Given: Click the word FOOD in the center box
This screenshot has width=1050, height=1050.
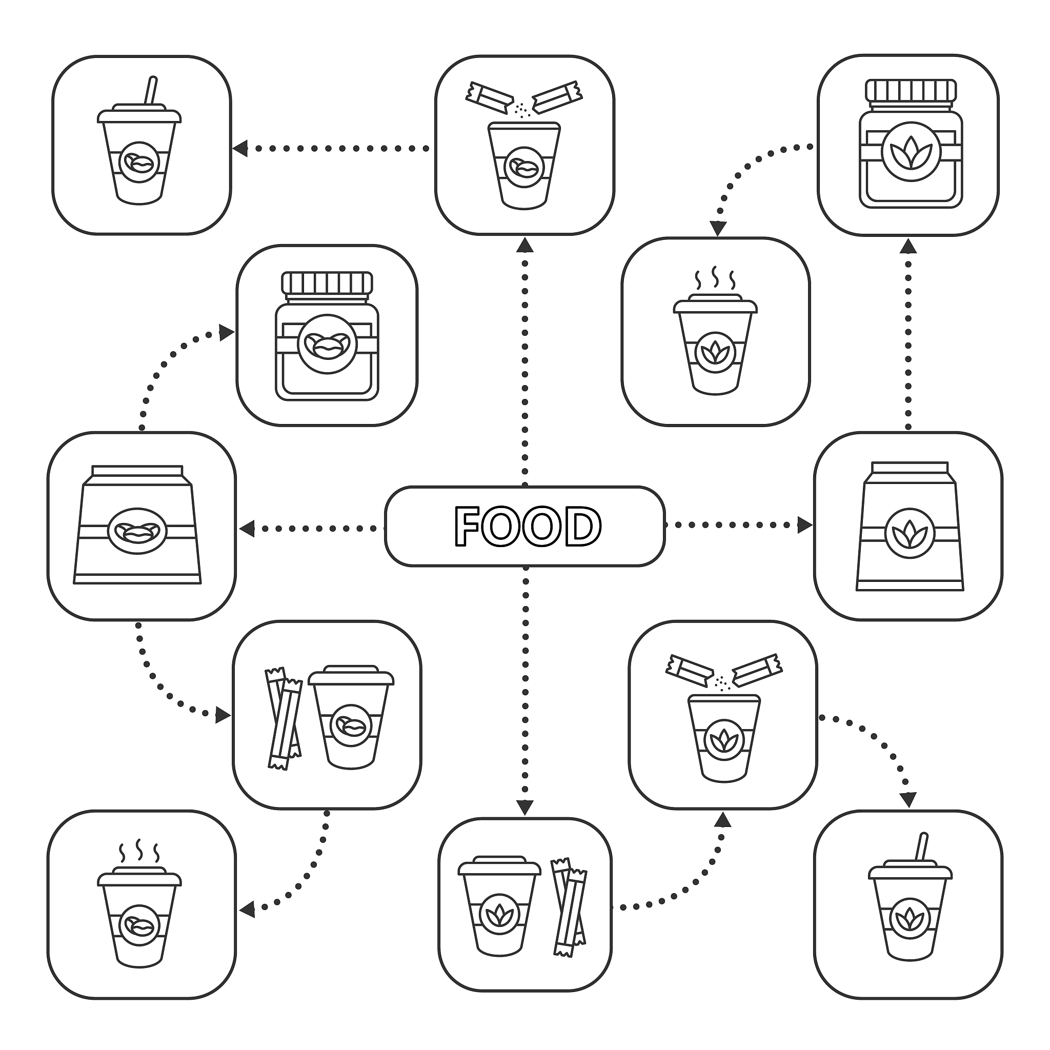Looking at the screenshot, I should click(527, 526).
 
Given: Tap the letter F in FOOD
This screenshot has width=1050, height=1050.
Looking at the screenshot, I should click(467, 526).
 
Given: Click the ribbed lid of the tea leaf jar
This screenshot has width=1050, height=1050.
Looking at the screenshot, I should click(911, 91).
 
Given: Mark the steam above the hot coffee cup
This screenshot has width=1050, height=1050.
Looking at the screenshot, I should click(139, 854).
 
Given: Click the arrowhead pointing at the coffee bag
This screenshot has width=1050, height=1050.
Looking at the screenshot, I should click(247, 528).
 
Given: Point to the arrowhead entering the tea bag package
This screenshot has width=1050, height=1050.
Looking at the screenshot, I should click(804, 525).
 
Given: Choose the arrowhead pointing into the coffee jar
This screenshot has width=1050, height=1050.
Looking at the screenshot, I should click(226, 333).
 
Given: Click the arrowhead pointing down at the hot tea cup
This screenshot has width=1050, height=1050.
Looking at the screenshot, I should click(718, 229).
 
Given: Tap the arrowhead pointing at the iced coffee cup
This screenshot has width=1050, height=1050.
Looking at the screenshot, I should click(239, 148).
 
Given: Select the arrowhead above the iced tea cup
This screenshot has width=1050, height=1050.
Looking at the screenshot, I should click(907, 800).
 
